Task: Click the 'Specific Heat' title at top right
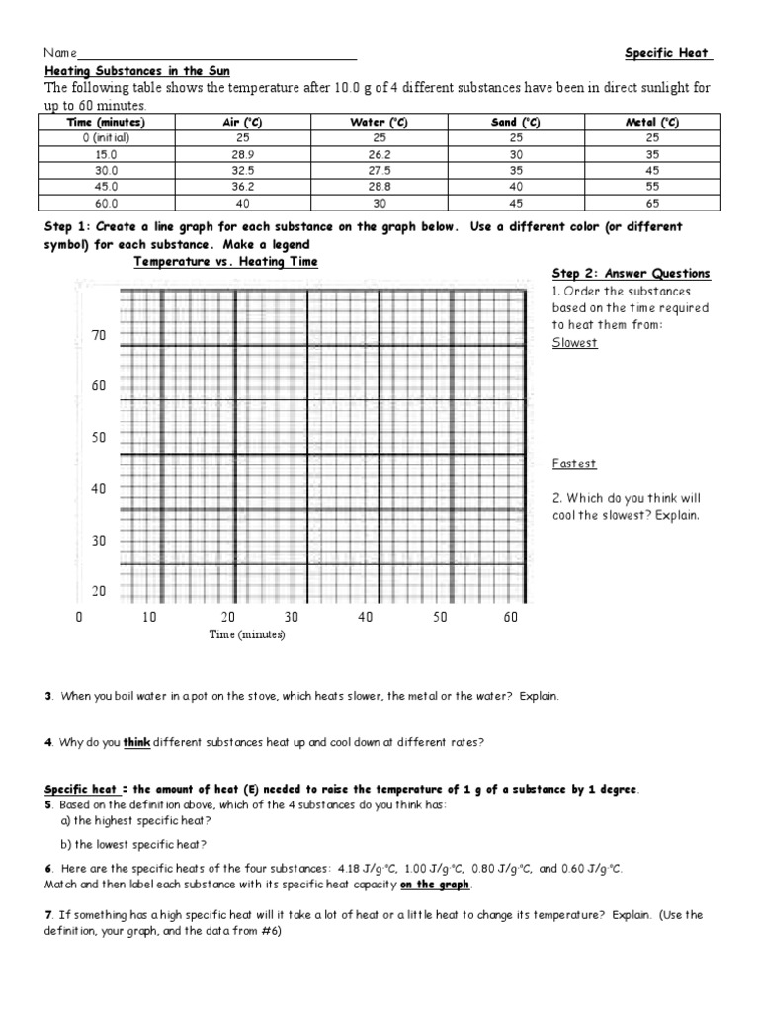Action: tap(668, 53)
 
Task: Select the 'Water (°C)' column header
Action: tap(379, 122)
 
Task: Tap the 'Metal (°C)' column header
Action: tap(651, 122)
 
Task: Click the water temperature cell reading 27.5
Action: tap(379, 170)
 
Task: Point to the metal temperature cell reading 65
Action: tap(651, 202)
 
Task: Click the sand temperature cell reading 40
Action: tap(515, 186)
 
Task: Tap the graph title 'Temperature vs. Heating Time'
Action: tap(226, 262)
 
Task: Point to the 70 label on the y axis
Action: tap(98, 336)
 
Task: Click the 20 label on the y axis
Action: tap(98, 591)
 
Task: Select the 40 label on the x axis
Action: tap(366, 617)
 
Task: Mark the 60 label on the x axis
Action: tap(510, 617)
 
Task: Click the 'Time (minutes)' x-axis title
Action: tap(246, 634)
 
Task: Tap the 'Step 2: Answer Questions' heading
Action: tap(631, 274)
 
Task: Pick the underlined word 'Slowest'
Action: tap(575, 343)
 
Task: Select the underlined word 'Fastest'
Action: tap(574, 464)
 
